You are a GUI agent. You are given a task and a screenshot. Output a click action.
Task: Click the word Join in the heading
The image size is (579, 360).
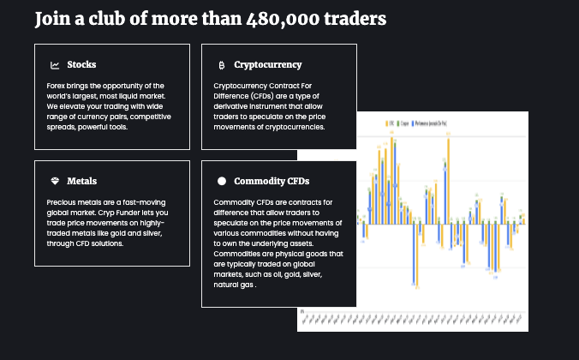[51, 19]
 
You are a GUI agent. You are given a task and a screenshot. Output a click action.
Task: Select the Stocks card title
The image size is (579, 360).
[81, 64]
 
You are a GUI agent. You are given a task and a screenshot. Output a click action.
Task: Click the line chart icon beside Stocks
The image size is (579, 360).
[55, 64]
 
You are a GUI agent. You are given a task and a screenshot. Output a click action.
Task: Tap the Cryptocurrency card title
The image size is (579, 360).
[267, 64]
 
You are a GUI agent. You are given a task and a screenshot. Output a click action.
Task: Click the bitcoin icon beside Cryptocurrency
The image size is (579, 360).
[222, 64]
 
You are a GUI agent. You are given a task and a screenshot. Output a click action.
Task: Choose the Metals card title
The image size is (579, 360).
[81, 181]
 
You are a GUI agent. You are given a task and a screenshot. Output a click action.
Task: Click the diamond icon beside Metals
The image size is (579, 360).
[55, 181]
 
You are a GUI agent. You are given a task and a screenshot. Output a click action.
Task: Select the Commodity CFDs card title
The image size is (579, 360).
[272, 181]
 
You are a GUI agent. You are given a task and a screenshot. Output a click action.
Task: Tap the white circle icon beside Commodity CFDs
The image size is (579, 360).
[222, 181]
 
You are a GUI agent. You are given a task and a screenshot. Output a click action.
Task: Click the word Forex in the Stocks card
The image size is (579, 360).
[57, 86]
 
